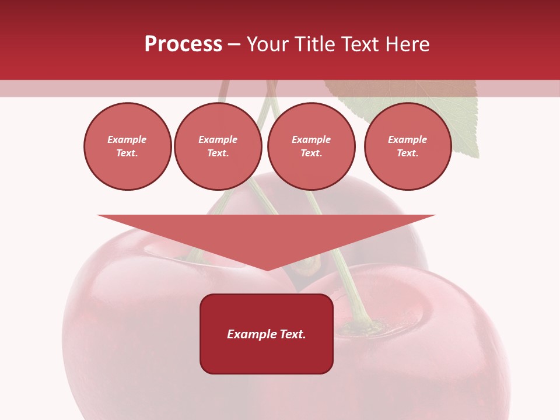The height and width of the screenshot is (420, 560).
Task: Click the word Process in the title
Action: tap(183, 44)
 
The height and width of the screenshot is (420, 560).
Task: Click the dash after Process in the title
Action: tap(234, 45)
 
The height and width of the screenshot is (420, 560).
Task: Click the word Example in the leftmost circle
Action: tap(127, 139)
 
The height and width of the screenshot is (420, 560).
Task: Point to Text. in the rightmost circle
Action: tap(408, 153)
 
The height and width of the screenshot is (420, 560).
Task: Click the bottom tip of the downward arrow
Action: tap(267, 269)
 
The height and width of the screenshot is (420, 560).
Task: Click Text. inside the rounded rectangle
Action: tap(293, 334)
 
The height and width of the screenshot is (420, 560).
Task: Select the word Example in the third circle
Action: tap(311, 139)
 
